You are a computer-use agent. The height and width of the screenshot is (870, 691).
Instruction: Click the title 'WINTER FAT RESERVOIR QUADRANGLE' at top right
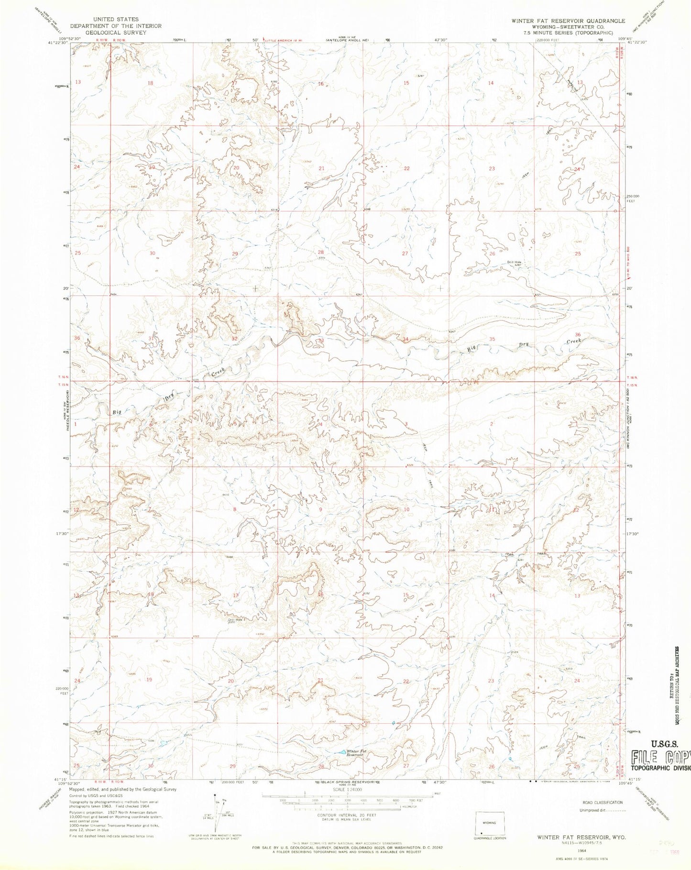[x=561, y=21]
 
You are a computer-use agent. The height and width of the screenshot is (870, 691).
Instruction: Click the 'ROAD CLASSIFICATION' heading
[x=602, y=802]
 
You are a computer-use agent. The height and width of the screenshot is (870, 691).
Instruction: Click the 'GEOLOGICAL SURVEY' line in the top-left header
[x=116, y=33]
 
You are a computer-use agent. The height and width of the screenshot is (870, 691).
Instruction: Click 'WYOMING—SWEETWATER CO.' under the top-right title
[x=561, y=27]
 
